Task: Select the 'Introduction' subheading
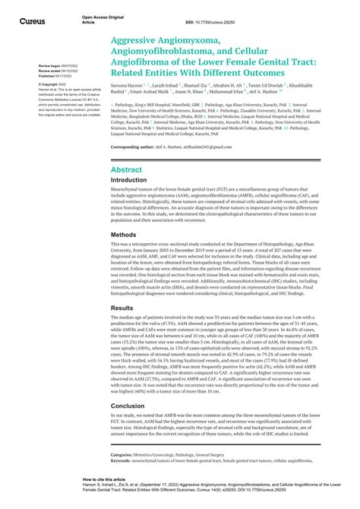132,182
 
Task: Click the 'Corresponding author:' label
137,146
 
